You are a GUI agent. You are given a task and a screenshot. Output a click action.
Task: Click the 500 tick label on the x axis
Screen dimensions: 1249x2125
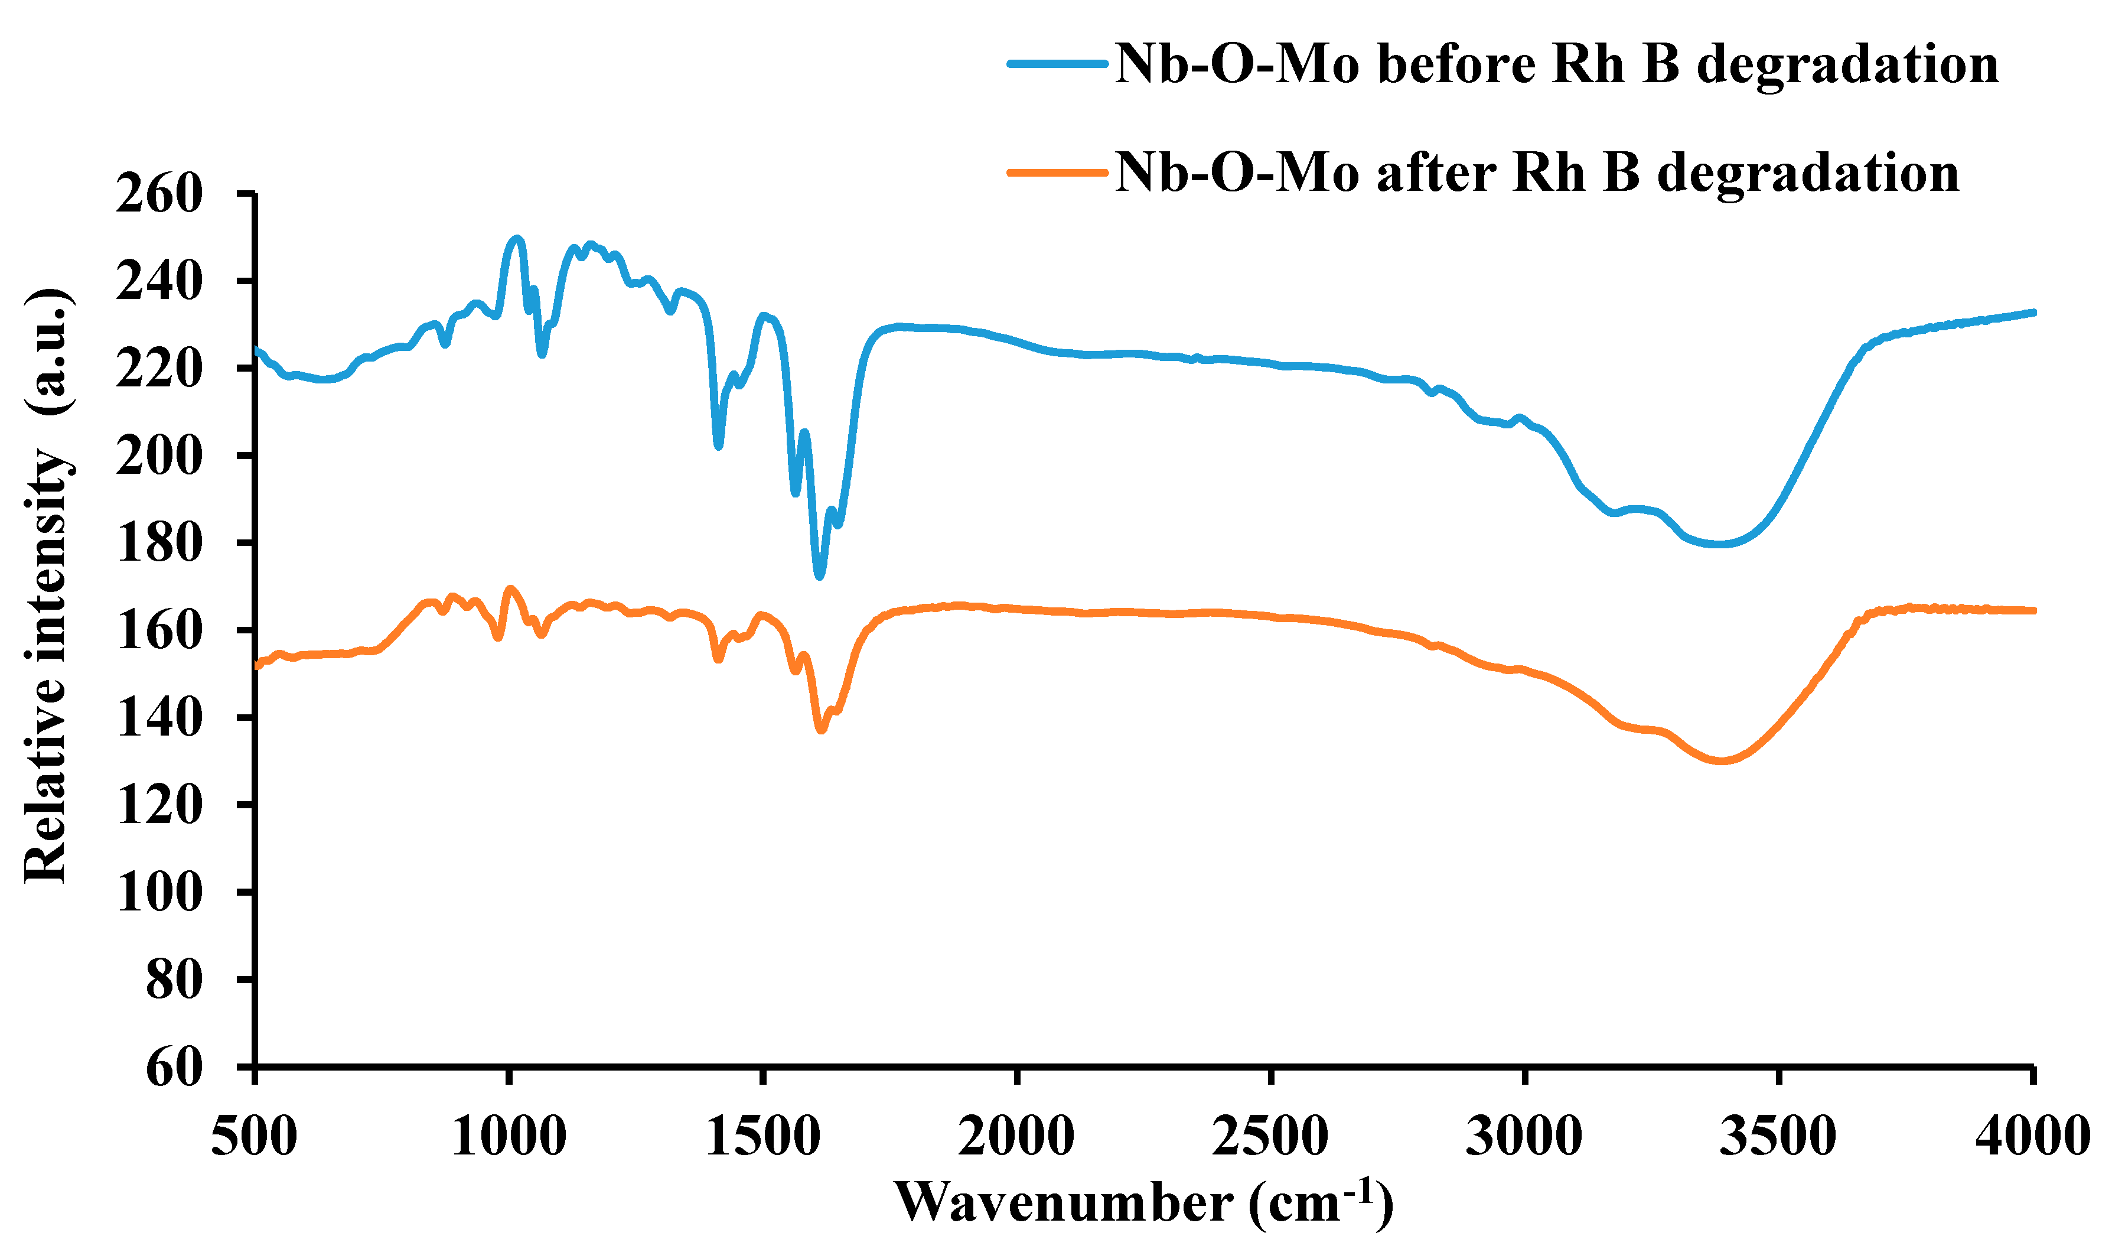click(x=254, y=1136)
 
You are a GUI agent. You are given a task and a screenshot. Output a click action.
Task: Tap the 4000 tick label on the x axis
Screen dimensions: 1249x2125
click(x=2032, y=1136)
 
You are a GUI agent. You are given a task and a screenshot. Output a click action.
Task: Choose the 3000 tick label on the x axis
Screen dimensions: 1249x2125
click(x=1524, y=1136)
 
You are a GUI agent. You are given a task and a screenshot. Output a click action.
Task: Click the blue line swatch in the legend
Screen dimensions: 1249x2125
click(x=1057, y=63)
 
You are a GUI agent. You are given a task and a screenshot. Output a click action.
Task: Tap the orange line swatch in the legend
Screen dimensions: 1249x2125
click(x=1057, y=173)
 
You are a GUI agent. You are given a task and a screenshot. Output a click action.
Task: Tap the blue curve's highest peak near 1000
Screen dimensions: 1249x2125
click(x=517, y=238)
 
